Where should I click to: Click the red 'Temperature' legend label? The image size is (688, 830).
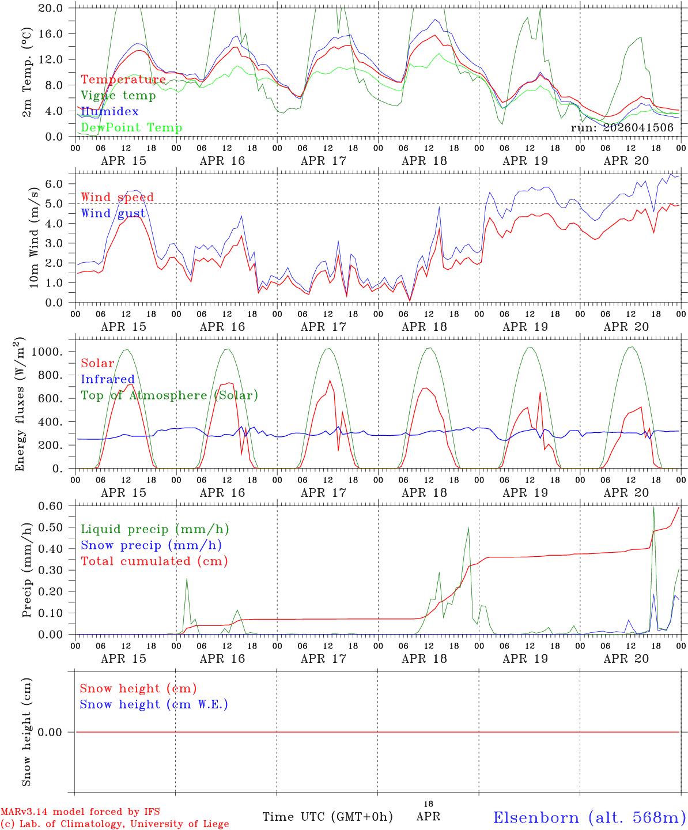click(123, 80)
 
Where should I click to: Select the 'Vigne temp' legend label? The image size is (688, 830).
click(118, 96)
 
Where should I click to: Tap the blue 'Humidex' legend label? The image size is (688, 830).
click(109, 112)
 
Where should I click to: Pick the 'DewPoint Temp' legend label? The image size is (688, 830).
click(131, 128)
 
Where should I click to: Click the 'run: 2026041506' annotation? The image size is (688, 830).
click(622, 128)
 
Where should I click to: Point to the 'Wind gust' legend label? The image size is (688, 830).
click(113, 214)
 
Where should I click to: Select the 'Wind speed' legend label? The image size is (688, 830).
click(118, 198)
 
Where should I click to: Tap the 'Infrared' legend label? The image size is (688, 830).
click(107, 379)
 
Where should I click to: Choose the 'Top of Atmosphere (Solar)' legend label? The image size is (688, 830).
click(169, 395)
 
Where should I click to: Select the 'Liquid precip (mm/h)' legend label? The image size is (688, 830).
click(154, 529)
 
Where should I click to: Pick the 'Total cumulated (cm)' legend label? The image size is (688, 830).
click(154, 561)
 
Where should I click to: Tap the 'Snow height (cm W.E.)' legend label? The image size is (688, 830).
click(154, 704)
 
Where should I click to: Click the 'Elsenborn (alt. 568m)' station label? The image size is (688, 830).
click(589, 817)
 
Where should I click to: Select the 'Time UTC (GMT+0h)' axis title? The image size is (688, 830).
click(327, 817)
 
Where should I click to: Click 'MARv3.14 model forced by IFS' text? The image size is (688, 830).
click(80, 812)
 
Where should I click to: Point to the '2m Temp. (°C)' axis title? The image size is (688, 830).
click(27, 72)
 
